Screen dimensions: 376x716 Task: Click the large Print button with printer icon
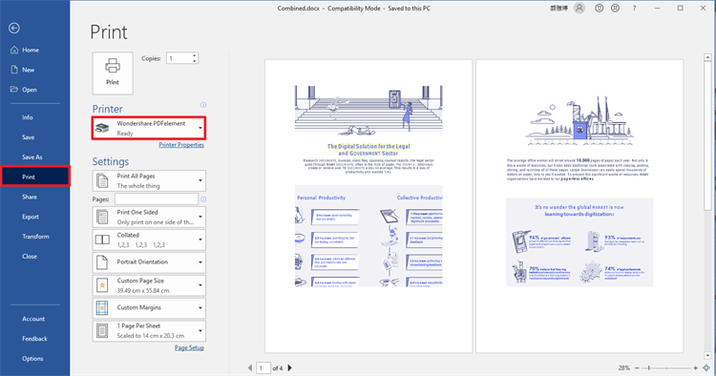[x=113, y=72]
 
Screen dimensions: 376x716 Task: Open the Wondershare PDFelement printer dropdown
[x=149, y=128]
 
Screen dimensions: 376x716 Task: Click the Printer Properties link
[x=181, y=145]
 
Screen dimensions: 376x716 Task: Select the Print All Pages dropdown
[x=149, y=180]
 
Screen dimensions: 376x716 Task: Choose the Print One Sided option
[x=149, y=217]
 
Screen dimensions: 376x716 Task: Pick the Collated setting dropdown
[x=149, y=239]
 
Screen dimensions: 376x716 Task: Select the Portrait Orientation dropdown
[x=149, y=261]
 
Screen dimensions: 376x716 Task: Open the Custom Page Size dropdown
[x=149, y=284]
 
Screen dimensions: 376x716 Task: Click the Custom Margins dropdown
[x=149, y=307]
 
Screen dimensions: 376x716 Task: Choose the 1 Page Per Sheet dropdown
[x=149, y=330]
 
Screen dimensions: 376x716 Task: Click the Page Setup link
[x=189, y=348]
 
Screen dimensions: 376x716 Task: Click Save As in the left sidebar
[x=32, y=157]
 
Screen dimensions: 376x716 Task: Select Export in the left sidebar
[x=31, y=217]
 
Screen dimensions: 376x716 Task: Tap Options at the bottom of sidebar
[x=32, y=359]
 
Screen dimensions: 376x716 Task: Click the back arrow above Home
[x=13, y=28]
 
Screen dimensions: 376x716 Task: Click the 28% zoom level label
[x=624, y=367]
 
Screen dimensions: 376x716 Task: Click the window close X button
[x=703, y=8]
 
